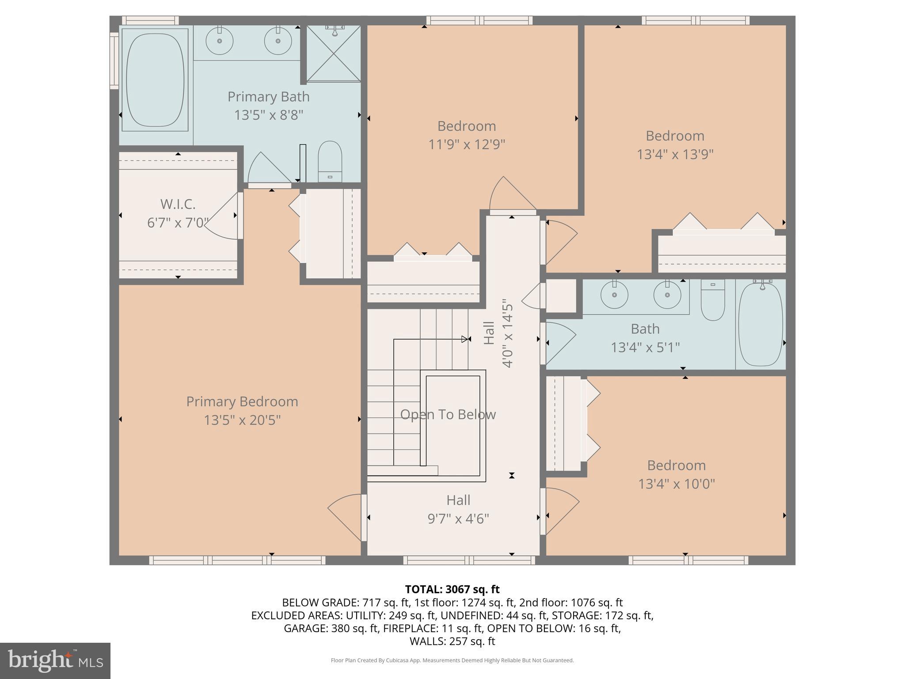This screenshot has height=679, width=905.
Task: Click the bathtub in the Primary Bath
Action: click(155, 80)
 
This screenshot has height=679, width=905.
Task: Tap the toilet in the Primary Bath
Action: click(330, 161)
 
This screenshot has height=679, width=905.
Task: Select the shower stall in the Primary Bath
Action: click(334, 54)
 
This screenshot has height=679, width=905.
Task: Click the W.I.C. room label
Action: click(178, 204)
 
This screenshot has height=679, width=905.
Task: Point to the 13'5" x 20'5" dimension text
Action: click(242, 420)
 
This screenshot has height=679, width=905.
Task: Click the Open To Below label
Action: click(448, 415)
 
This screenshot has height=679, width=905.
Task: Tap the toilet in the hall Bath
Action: click(713, 301)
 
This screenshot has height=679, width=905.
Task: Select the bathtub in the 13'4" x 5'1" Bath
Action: click(761, 325)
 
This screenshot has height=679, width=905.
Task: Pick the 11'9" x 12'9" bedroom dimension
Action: click(467, 145)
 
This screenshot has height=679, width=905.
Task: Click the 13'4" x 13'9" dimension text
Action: click(675, 154)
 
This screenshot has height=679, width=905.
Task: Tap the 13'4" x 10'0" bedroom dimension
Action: click(676, 484)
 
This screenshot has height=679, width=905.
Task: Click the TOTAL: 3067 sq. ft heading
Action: click(452, 589)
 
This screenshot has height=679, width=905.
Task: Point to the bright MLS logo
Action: click(55, 660)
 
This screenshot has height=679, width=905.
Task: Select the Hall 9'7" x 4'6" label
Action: click(458, 509)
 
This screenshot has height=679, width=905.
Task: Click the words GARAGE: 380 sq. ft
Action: click(331, 628)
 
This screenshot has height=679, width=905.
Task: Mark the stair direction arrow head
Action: click(465, 339)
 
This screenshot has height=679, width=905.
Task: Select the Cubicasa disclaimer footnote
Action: click(452, 660)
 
